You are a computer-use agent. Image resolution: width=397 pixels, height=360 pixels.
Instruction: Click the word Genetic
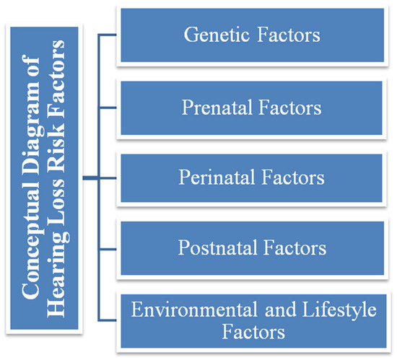pos(217,35)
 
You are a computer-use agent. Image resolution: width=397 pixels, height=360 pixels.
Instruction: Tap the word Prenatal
pos(217,107)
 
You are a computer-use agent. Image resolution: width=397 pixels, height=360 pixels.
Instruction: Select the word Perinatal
pos(217,177)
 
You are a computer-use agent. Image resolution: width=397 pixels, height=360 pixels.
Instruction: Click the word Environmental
pos(194,309)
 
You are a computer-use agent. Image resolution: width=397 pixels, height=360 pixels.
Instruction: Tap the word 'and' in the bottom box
pos(280,309)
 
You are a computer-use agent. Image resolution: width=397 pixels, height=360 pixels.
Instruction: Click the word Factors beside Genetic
pos(289,35)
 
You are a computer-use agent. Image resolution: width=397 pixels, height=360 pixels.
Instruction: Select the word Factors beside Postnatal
pos(295,247)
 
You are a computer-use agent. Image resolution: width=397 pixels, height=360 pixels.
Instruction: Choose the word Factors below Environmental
pos(253,332)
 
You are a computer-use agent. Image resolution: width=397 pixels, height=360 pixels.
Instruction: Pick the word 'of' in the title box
pos(30,65)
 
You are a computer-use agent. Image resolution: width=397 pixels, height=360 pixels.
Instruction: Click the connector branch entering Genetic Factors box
pos(108,35)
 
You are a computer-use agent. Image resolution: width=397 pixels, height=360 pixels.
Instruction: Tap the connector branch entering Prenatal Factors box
pos(108,107)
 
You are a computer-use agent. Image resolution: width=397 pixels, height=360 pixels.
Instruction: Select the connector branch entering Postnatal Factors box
pos(108,249)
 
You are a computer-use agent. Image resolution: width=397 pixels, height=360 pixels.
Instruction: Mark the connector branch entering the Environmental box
pos(108,320)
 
